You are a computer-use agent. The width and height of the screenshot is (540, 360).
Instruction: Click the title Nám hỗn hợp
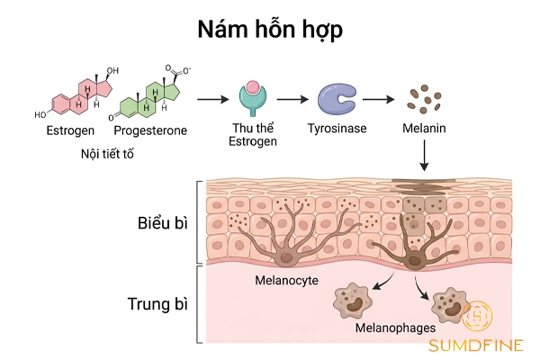[x=269, y=29]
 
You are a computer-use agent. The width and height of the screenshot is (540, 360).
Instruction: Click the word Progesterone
[x=151, y=130]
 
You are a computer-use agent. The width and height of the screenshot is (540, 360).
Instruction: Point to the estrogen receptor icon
[x=252, y=99]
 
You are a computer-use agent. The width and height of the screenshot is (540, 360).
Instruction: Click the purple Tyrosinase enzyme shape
[x=337, y=100]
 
